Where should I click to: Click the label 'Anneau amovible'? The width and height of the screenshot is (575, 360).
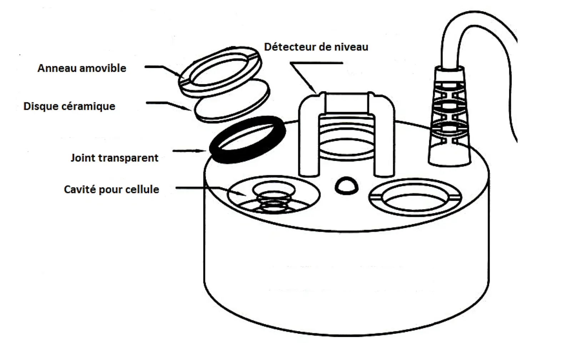82,68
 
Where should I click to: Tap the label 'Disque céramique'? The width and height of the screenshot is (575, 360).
69,106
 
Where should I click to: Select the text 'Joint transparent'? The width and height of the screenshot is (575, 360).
114,158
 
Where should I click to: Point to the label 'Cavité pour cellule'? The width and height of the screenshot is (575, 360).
111,189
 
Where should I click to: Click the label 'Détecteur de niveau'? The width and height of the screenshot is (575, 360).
316,47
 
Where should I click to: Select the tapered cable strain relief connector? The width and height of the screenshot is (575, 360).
449,118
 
